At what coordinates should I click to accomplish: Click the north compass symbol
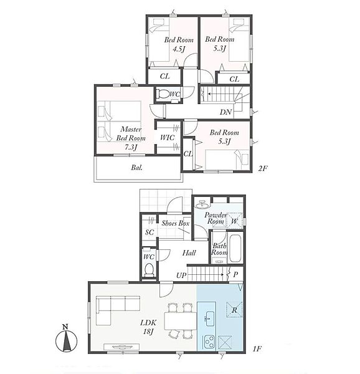(66, 338)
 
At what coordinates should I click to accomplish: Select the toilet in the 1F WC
(149, 269)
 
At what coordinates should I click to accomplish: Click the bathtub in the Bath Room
(235, 248)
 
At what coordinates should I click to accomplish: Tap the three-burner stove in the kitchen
(209, 342)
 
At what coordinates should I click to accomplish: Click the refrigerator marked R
(234, 310)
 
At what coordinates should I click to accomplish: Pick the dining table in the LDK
(181, 321)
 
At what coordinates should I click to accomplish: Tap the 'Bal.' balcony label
(137, 168)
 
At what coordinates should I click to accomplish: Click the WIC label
(168, 137)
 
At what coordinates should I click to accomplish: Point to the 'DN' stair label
(226, 112)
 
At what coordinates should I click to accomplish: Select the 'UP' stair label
(181, 276)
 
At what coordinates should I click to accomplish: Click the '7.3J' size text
(131, 147)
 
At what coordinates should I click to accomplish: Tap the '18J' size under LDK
(148, 332)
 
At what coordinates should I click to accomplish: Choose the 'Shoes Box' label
(176, 223)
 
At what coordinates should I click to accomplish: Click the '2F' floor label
(263, 168)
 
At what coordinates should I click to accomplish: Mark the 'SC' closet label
(149, 232)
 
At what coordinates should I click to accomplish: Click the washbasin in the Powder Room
(202, 204)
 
